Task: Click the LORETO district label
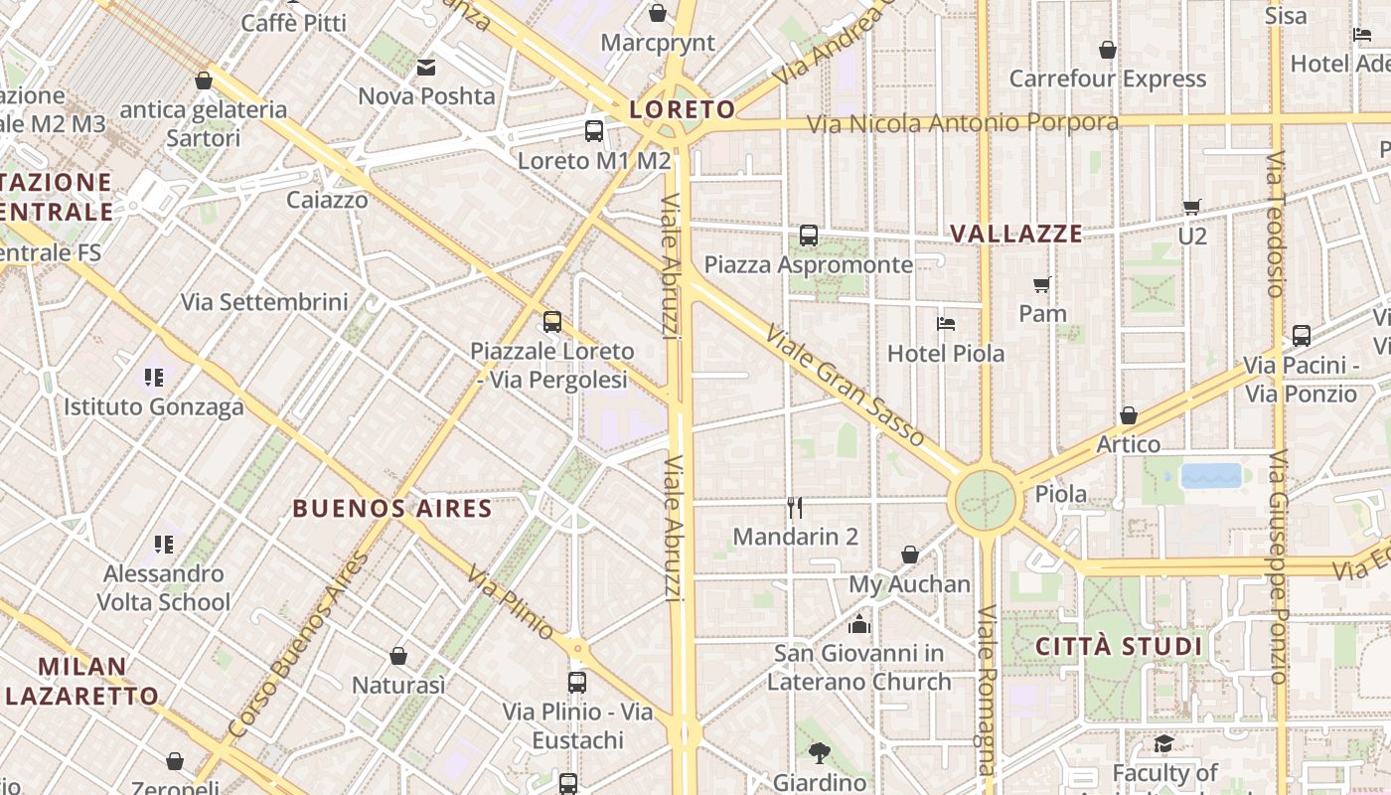point(682,109)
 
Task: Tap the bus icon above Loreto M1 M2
point(594,130)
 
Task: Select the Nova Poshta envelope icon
point(426,68)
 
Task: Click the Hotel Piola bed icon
point(946,324)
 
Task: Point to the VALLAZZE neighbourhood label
point(1016,234)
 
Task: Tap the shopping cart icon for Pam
point(1042,285)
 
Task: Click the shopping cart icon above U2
point(1192,207)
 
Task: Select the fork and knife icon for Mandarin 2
point(795,508)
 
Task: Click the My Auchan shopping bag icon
point(910,555)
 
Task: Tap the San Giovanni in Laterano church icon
point(858,624)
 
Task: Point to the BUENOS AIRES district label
point(392,509)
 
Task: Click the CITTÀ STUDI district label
point(1119,647)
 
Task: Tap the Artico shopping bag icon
point(1129,414)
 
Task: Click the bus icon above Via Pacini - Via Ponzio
point(1302,335)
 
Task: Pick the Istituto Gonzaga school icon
point(154,378)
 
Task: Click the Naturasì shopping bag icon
point(398,656)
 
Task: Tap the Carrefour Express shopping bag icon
point(1108,50)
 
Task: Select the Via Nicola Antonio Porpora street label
point(962,123)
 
